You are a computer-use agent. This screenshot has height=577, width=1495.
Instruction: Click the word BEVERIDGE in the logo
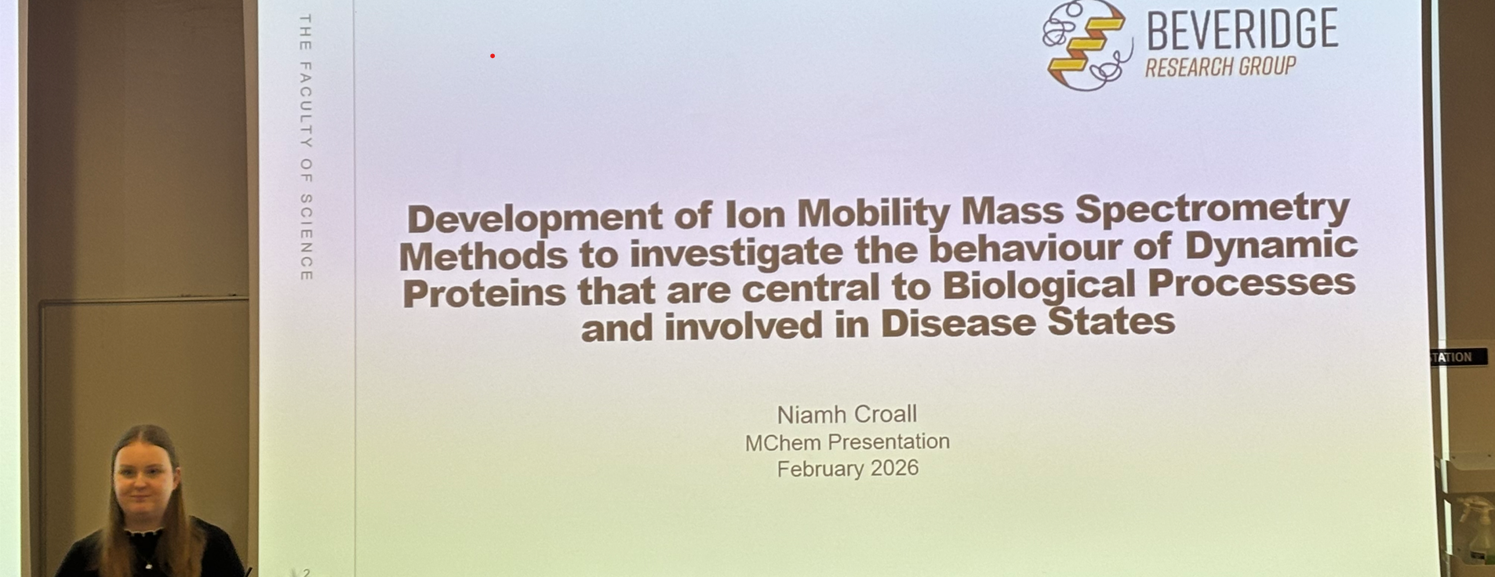(1242, 30)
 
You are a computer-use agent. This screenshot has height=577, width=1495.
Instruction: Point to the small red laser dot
(493, 56)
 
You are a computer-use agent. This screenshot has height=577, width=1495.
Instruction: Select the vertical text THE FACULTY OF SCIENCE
(306, 147)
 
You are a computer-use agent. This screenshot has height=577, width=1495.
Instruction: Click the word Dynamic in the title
(1270, 245)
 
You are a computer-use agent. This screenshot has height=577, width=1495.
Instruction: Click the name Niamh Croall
(847, 414)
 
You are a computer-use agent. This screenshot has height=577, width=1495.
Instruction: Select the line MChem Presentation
(847, 442)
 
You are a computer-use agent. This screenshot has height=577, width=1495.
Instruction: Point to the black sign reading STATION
(1458, 357)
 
